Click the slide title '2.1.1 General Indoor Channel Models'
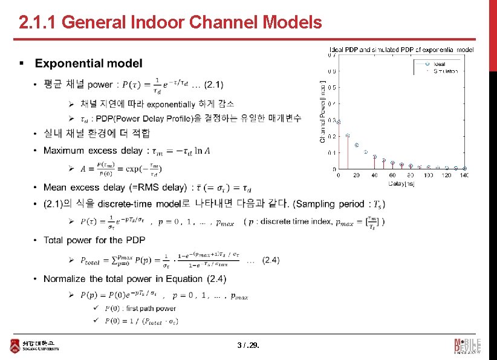coord(170,23)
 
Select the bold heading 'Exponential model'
coord(89,64)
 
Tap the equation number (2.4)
coord(271,260)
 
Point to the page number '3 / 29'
coord(248,346)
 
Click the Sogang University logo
coord(36,346)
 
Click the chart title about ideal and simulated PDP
coord(401,49)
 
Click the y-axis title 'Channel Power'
coord(322,112)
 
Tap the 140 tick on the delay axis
coord(464,175)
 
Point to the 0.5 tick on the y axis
coord(332,87)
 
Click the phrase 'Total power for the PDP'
coord(96,241)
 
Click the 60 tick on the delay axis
coord(392,175)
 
